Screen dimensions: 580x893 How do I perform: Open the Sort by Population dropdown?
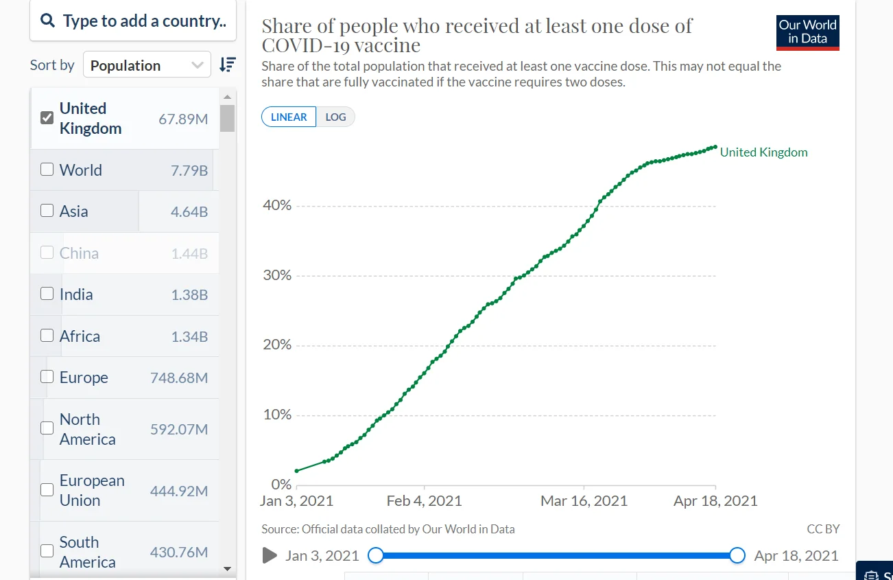(x=147, y=65)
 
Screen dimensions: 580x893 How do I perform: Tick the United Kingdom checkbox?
(x=47, y=117)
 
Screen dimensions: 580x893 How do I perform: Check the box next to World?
(x=47, y=170)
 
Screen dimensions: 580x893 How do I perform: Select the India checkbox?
(x=47, y=294)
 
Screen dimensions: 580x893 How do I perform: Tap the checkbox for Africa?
(x=47, y=336)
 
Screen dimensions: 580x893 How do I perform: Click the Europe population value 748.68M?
(x=178, y=378)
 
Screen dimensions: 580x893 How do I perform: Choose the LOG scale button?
(x=335, y=117)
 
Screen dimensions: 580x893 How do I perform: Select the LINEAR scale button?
(x=289, y=117)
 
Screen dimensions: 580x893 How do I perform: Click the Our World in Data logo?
(x=807, y=32)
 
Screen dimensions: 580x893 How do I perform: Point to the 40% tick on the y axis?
(x=277, y=205)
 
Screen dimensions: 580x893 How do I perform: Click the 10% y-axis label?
(x=277, y=415)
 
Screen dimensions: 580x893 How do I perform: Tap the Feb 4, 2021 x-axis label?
(x=424, y=500)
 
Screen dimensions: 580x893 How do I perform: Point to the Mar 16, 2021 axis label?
(x=584, y=500)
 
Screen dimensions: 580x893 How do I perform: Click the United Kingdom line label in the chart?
(x=763, y=152)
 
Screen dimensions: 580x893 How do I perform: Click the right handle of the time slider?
(x=737, y=555)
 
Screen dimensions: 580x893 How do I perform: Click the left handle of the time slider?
(x=376, y=555)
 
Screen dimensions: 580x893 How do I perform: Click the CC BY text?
(x=823, y=529)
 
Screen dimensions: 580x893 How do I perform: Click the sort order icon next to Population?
(x=227, y=65)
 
